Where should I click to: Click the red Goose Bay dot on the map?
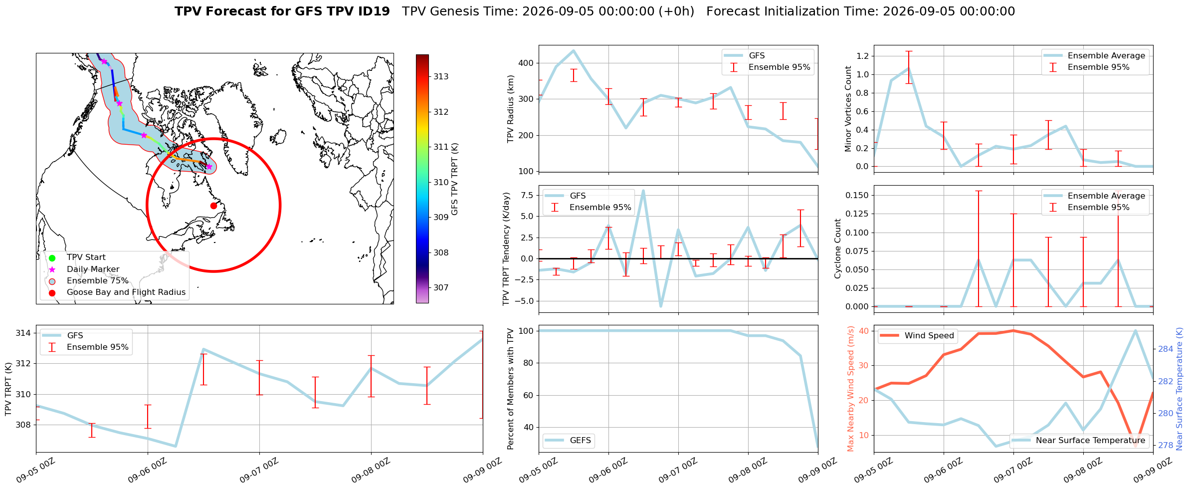tap(213, 206)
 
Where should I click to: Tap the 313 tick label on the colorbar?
tap(441, 77)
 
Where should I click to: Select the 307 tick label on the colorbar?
tap(441, 288)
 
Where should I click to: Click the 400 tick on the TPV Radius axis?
tap(526, 63)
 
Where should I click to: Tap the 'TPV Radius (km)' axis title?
tap(510, 109)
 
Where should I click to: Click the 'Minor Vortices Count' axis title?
tap(848, 109)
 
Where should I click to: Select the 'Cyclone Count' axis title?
tap(837, 248)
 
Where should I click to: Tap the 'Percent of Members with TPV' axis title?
tap(510, 389)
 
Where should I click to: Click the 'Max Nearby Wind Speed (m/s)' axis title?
tap(851, 389)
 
